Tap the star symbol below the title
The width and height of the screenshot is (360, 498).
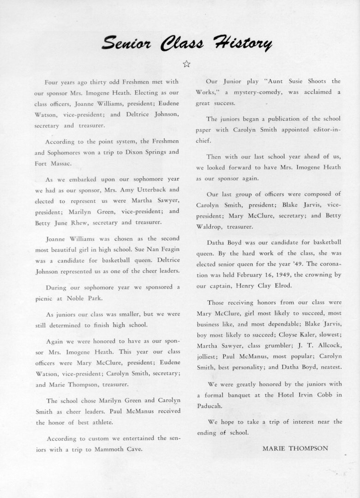click(x=186, y=64)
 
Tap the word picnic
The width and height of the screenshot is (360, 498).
click(x=44, y=298)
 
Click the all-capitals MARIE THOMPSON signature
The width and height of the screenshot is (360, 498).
click(x=295, y=448)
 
